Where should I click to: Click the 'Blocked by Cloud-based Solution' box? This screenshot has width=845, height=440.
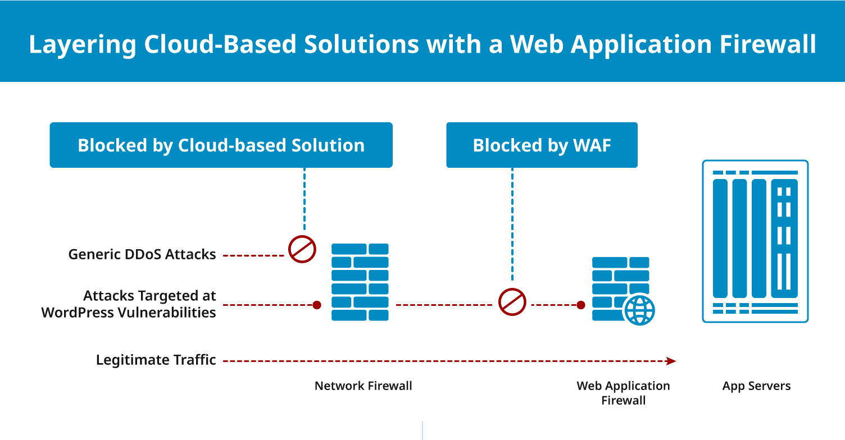[221, 145]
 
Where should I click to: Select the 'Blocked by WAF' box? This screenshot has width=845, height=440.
[542, 145]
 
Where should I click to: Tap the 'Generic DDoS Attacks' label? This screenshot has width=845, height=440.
[142, 255]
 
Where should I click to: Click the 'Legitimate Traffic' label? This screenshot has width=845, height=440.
[156, 360]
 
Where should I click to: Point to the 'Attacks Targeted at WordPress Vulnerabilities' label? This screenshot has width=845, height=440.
[129, 304]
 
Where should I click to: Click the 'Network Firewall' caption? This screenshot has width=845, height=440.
[363, 386]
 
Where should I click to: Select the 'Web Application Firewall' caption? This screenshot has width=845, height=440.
[623, 393]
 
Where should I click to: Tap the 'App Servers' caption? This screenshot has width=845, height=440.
[756, 386]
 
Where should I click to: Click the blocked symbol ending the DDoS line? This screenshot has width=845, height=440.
[302, 249]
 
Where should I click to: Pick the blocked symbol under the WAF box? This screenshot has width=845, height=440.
[512, 302]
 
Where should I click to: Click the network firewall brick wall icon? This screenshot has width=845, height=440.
[360, 282]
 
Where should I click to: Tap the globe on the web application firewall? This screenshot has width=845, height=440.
[639, 310]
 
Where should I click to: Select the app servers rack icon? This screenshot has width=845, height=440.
[755, 241]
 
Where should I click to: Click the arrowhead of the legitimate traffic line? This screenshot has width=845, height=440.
[670, 361]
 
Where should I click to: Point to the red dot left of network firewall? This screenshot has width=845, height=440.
[317, 305]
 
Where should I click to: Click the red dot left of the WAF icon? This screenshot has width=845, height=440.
[581, 305]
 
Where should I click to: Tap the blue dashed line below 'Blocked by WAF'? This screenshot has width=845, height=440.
[512, 224]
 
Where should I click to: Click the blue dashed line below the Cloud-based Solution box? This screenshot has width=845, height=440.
[305, 199]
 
